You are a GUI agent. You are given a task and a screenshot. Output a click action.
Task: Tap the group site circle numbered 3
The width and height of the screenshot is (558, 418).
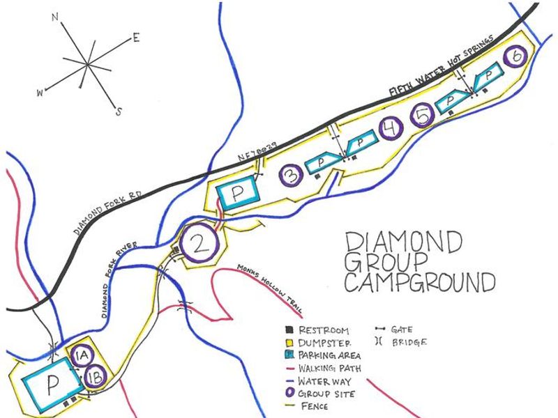pyautogui.click(x=291, y=176)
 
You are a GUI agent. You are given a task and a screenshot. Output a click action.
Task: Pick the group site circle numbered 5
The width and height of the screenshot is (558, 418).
pyautogui.click(x=424, y=116)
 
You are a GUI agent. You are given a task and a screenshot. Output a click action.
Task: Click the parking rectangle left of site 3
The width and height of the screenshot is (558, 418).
pyautogui.click(x=237, y=194)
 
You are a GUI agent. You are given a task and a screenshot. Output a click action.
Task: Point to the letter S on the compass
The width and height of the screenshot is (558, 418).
pyautogui.click(x=119, y=111)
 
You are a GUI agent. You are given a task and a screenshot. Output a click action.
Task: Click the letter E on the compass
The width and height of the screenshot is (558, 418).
pyautogui.click(x=136, y=39)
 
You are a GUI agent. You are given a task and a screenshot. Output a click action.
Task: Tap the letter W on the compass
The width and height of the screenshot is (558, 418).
pyautogui.click(x=41, y=91)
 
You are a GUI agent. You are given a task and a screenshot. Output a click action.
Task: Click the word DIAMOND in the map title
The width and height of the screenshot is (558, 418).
pyautogui.click(x=404, y=243)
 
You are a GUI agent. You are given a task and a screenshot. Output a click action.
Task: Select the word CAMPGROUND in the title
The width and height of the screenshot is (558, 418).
pyautogui.click(x=420, y=283)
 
